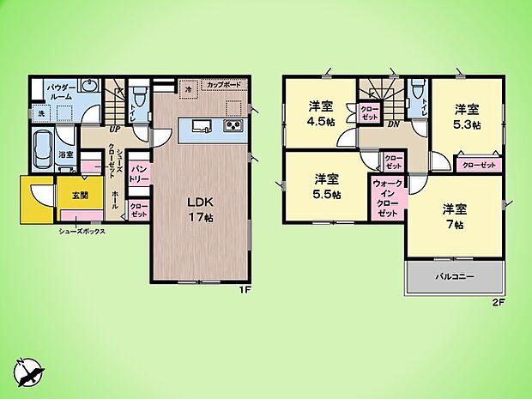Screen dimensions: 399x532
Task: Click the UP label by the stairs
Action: click(x=113, y=130)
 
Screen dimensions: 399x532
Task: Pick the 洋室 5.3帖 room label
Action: click(x=467, y=115)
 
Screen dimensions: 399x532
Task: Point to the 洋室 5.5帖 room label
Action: click(x=325, y=186)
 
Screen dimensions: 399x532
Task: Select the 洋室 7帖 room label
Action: click(x=454, y=215)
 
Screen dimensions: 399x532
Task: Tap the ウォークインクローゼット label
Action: click(x=386, y=197)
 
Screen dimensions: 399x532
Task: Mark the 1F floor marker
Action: click(x=244, y=290)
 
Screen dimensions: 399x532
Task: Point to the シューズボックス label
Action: click(x=82, y=231)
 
